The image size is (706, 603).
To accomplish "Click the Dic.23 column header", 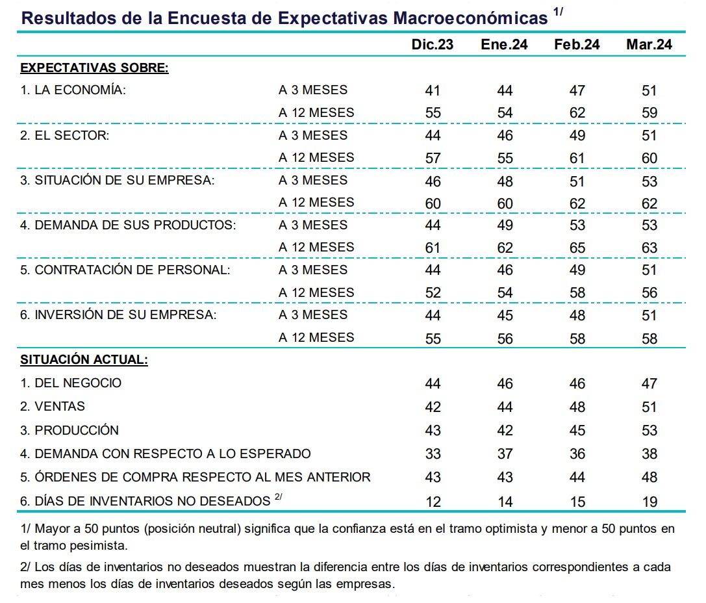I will pyautogui.click(x=432, y=44).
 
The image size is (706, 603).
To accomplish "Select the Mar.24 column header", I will pyautogui.click(x=649, y=44).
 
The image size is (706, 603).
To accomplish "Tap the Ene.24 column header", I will pyautogui.click(x=504, y=44).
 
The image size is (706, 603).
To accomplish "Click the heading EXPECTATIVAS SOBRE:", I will pyautogui.click(x=94, y=68).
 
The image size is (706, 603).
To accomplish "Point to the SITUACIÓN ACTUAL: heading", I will pyautogui.click(x=84, y=359).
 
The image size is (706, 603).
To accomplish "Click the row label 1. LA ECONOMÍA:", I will pyautogui.click(x=73, y=90).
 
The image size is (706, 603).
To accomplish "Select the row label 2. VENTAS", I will pyautogui.click(x=53, y=407).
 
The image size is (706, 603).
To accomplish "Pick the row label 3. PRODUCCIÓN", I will pyautogui.click(x=69, y=430).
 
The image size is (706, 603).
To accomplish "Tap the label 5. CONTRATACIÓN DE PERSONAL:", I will pyautogui.click(x=125, y=270).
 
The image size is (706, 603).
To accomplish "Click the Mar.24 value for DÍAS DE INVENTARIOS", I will pyautogui.click(x=649, y=502).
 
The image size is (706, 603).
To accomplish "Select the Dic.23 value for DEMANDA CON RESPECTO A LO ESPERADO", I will pyautogui.click(x=433, y=454).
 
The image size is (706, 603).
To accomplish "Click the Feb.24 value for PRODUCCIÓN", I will pyautogui.click(x=577, y=430).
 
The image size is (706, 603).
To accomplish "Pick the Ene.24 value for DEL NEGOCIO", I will pyautogui.click(x=505, y=383).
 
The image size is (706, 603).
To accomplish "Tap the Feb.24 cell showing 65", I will pyautogui.click(x=577, y=248).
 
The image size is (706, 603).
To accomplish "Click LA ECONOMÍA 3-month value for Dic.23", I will pyautogui.click(x=433, y=91).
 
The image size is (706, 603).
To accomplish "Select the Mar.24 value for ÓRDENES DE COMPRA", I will pyautogui.click(x=649, y=477).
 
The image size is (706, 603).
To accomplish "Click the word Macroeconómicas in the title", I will pyautogui.click(x=470, y=18).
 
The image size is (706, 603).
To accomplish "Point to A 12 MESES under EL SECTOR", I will pyautogui.click(x=316, y=158).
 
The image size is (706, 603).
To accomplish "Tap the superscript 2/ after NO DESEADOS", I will pyautogui.click(x=278, y=498).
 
